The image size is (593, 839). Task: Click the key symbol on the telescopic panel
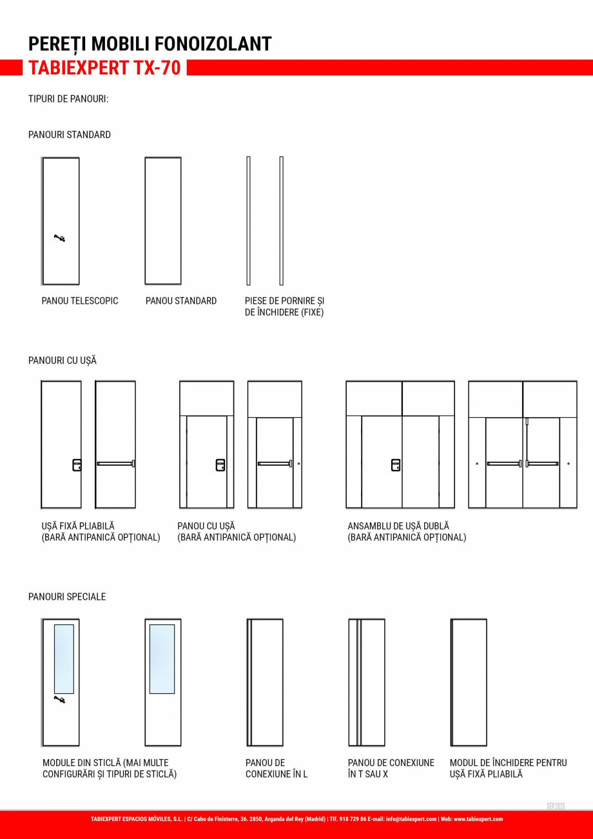[x=59, y=239]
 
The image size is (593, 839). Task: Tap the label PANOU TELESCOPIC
[x=80, y=301]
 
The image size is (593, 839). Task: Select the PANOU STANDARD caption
[x=181, y=301]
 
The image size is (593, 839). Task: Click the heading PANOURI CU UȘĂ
[x=63, y=360]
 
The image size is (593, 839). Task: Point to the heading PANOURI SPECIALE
[x=67, y=597]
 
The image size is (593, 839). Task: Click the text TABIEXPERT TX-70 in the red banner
[x=104, y=68]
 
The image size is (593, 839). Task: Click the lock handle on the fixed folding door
[x=77, y=464]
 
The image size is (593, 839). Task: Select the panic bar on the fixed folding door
[x=115, y=463]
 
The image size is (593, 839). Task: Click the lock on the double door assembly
[x=396, y=464]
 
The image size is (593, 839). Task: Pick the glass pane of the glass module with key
[x=64, y=658]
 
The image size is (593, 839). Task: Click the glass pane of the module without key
[x=162, y=658]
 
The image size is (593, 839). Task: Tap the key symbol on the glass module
[x=59, y=699]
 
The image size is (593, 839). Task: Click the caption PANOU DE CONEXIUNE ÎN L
[x=277, y=769]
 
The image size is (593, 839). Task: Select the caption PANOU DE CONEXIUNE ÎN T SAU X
[x=391, y=769]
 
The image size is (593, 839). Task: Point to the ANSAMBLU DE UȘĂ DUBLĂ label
[x=398, y=526]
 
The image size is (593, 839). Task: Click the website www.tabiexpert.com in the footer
[x=478, y=819]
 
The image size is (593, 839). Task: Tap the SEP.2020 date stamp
[x=556, y=806]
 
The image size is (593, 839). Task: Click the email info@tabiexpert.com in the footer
[x=411, y=819]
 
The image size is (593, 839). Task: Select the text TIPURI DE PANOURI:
[x=68, y=99]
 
